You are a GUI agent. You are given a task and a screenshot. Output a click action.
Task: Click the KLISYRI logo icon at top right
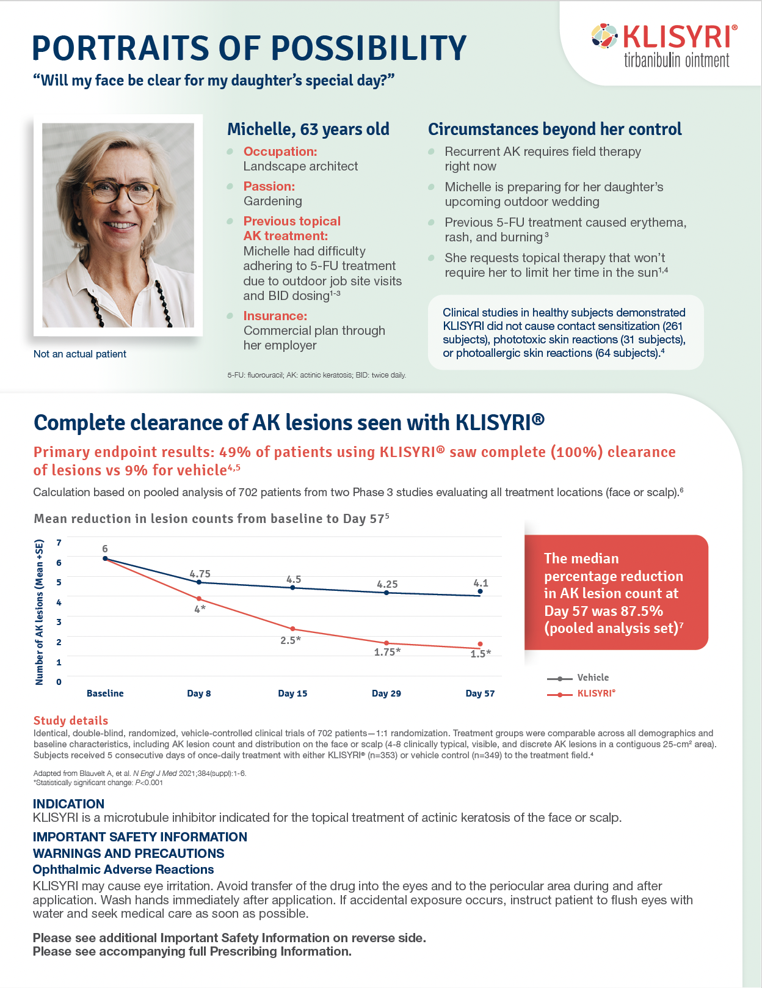coord(604,36)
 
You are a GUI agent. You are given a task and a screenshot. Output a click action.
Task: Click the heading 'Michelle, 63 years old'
coord(308,130)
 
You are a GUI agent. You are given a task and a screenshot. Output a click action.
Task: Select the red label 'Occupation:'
coord(280,152)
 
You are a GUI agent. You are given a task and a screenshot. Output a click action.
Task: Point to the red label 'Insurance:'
coord(275,316)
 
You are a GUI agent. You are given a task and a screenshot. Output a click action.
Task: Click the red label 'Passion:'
coord(269,186)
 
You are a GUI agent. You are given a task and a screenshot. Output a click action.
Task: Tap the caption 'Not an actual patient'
coord(80,354)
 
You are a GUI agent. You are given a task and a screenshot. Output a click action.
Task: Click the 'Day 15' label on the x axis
coord(292,693)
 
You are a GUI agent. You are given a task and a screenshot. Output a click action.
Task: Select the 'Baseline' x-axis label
coord(105,693)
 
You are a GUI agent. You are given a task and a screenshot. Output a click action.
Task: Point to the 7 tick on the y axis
coord(59,543)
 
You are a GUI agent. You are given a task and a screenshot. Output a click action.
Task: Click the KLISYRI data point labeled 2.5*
coord(292,629)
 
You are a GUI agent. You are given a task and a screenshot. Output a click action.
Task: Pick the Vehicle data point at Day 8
coord(199,582)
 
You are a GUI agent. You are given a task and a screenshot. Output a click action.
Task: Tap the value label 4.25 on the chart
coord(387,584)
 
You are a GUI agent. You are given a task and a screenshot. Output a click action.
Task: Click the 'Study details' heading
coord(71,721)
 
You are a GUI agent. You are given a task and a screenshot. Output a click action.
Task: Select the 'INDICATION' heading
coord(68,804)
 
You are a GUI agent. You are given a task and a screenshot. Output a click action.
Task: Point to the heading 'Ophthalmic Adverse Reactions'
coord(123,869)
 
